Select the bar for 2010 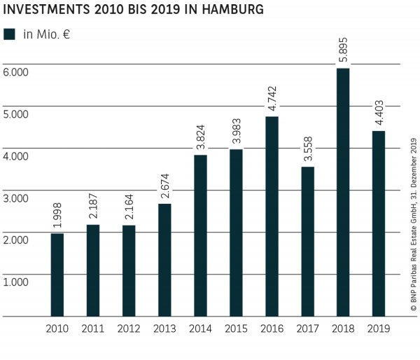pyautogui.click(x=57, y=275)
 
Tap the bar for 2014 pyautogui.click(x=199, y=235)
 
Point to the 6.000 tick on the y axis pyautogui.click(x=15, y=72)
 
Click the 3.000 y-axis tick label pyautogui.click(x=15, y=198)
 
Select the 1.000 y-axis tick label pyautogui.click(x=15, y=282)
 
